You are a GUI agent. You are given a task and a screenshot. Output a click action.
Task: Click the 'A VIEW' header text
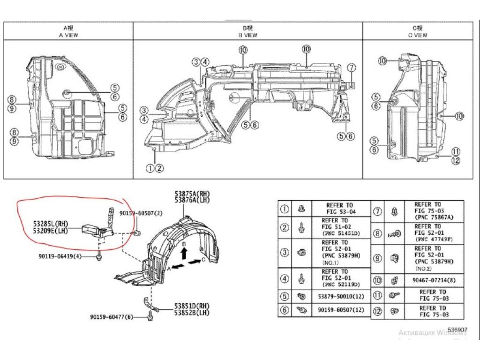[x=68, y=35]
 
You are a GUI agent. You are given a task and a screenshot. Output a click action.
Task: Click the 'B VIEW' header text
[x=248, y=35]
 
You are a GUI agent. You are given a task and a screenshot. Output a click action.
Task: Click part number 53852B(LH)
[x=191, y=312]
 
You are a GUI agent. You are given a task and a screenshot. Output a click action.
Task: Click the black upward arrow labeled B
[x=184, y=254]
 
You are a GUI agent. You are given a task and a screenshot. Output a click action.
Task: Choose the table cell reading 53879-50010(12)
[x=341, y=297]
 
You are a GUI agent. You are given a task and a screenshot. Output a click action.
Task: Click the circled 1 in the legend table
[x=285, y=209]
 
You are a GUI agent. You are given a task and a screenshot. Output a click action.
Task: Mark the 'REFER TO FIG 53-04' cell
[x=340, y=209]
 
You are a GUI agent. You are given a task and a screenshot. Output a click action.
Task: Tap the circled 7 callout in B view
[x=352, y=68]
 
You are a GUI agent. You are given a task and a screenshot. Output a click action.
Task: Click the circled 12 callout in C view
[x=456, y=160]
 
